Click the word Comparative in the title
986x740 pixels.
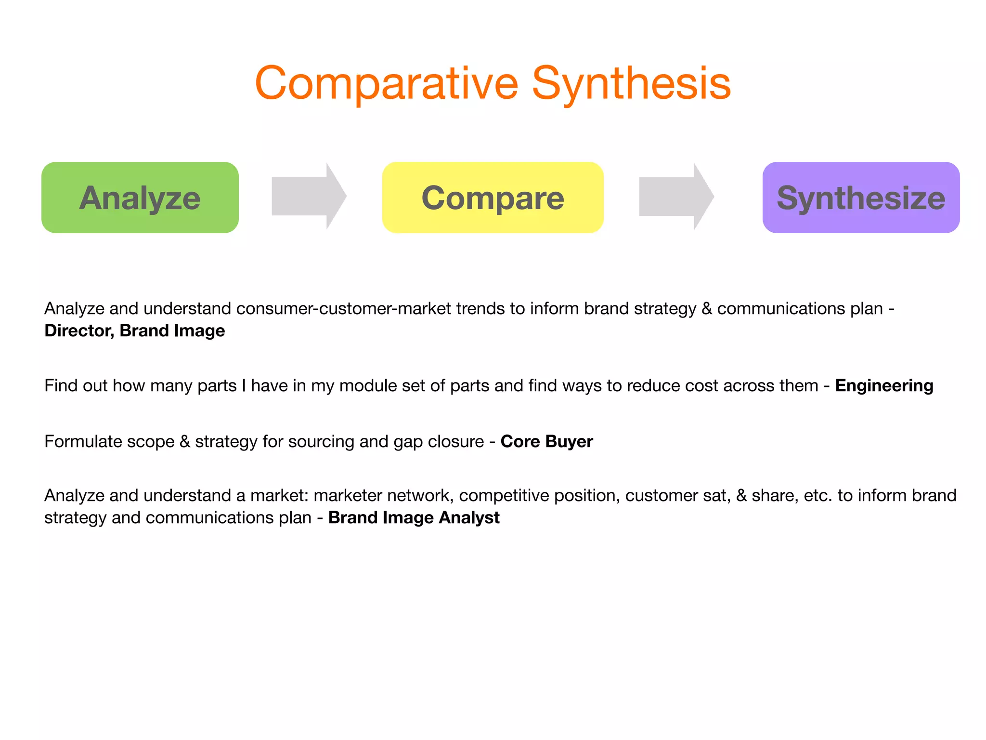[x=387, y=83]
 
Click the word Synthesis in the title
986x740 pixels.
[x=631, y=83]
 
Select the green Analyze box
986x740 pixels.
[x=140, y=198]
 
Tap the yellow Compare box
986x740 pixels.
[x=493, y=198]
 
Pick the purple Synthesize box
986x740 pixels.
[x=861, y=198]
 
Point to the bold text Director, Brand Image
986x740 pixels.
[x=135, y=331]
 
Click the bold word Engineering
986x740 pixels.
[x=884, y=386]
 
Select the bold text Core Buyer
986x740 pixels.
[x=546, y=442]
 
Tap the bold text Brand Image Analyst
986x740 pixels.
[x=414, y=518]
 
